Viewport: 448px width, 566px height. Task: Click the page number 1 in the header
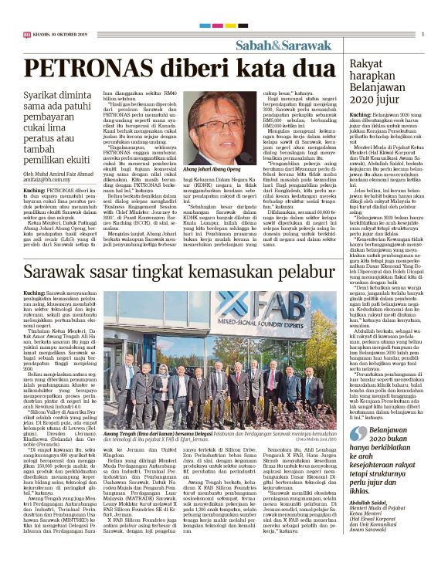click(x=423, y=34)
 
